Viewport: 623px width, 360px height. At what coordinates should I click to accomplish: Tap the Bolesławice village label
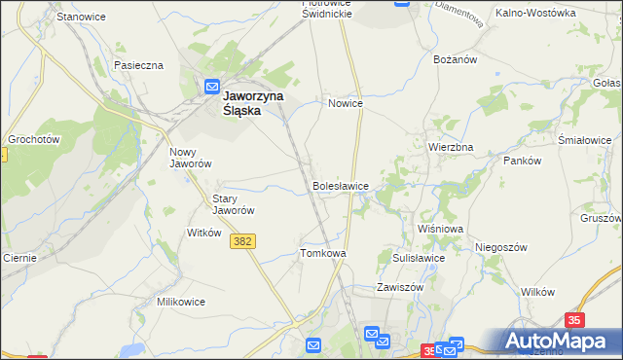point(340,185)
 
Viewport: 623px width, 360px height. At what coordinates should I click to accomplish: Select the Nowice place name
point(346,103)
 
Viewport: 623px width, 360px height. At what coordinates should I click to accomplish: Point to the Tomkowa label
point(323,253)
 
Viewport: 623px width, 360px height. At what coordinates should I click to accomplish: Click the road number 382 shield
point(244,240)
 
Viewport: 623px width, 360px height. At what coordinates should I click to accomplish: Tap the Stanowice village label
point(82,18)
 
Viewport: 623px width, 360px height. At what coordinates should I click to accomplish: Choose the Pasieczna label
point(138,65)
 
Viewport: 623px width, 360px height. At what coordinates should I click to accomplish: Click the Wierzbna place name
point(451,147)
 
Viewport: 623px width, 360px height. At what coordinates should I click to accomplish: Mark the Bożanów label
point(454,59)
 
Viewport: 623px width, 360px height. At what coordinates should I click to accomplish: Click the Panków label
point(522,161)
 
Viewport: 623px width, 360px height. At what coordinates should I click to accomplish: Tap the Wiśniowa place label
point(440,229)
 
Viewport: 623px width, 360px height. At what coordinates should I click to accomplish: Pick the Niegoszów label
point(501,247)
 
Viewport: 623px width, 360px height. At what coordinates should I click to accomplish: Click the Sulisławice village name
point(419,258)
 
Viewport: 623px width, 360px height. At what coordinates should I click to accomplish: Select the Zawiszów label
point(401,288)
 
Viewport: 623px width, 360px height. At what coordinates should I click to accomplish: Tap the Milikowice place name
point(181,302)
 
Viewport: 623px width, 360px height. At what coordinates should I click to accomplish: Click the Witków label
point(204,233)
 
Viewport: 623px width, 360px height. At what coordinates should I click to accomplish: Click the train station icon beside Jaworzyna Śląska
point(213,87)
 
